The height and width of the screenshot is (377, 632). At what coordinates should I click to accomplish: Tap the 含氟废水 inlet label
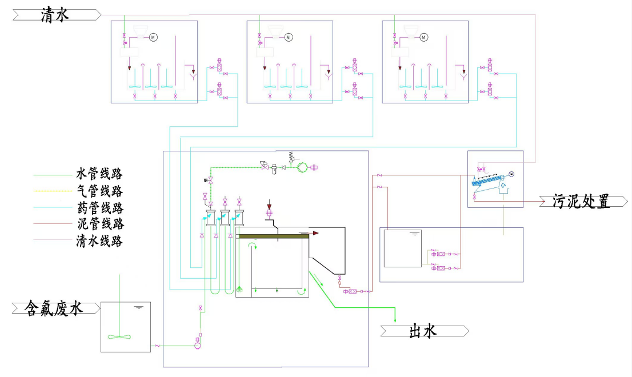point(54,308)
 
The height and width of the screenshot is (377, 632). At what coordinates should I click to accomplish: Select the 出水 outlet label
point(423,331)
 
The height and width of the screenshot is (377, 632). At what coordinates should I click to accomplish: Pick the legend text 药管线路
point(99,207)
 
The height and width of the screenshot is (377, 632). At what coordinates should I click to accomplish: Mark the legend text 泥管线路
point(99,224)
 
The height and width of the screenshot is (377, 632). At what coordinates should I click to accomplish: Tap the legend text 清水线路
point(99,240)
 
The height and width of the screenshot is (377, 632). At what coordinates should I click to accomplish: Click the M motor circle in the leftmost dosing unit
point(153,38)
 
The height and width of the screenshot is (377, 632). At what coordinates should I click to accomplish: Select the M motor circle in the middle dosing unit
point(288,38)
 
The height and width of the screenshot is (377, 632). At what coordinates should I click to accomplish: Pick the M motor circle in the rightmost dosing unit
point(423,38)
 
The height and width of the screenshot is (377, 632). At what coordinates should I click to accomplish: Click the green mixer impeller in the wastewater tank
point(119,336)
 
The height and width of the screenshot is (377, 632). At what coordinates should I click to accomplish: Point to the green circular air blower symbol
point(302,167)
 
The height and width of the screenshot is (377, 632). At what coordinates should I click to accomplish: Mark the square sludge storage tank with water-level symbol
point(402,248)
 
